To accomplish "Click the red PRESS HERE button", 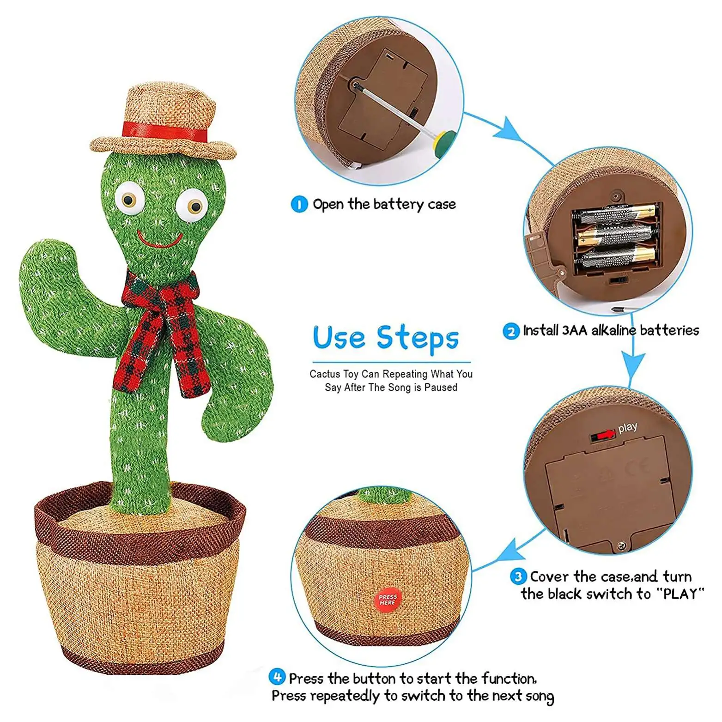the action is (x=387, y=600).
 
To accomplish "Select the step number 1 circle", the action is (x=299, y=204).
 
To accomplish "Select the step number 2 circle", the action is (x=511, y=331).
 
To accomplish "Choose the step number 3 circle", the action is (x=518, y=576).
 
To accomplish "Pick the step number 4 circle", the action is (x=277, y=678).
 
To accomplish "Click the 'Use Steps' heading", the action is (x=386, y=338).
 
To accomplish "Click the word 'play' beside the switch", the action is (x=627, y=428).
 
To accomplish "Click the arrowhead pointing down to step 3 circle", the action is (x=632, y=367).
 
